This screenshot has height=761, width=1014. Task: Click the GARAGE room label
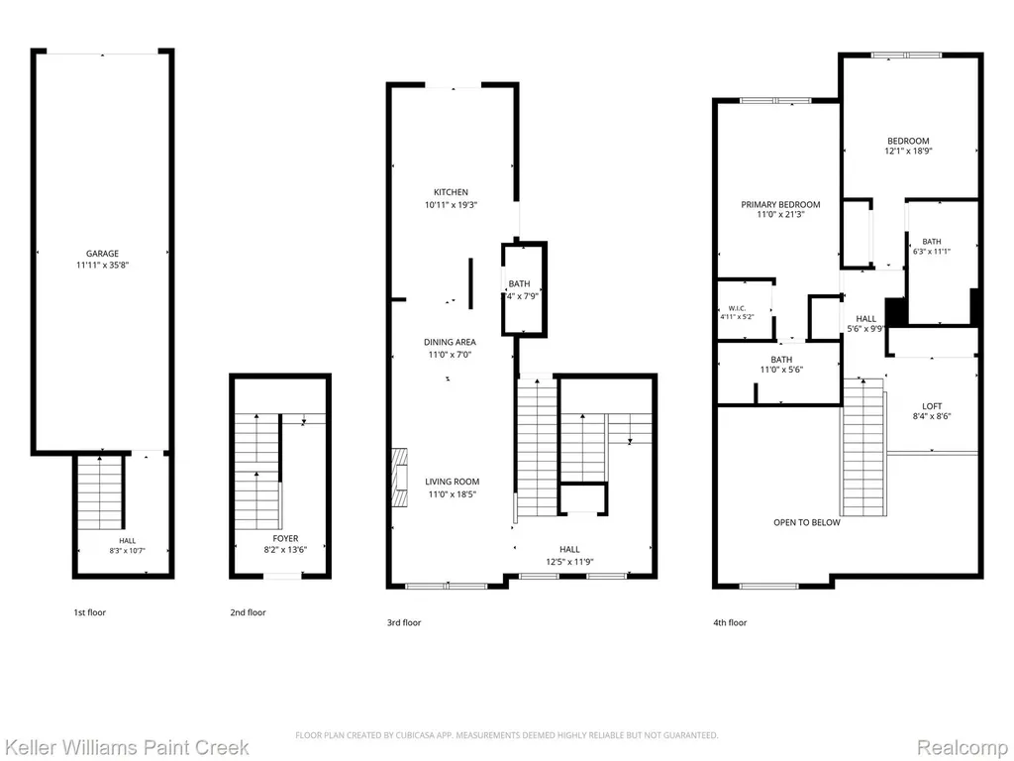(x=102, y=254)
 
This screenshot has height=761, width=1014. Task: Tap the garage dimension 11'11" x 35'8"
(x=102, y=265)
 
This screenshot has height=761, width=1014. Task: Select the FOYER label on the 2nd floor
(x=285, y=538)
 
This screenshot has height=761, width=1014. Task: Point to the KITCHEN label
(x=451, y=192)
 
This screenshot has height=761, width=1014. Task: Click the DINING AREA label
(x=450, y=342)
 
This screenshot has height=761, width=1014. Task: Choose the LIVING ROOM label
(x=452, y=482)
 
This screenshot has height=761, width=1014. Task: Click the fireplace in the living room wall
(x=400, y=478)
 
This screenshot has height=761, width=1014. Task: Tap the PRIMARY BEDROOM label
(x=780, y=204)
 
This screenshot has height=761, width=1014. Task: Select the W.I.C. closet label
(x=737, y=309)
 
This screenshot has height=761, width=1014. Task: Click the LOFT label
(x=932, y=406)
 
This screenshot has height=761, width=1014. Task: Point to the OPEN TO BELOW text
(x=807, y=522)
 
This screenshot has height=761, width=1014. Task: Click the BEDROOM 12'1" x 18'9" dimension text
(x=908, y=151)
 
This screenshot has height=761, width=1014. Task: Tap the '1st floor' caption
(x=89, y=612)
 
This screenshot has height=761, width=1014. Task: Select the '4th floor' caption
(x=730, y=622)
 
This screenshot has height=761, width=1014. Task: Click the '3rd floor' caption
(x=404, y=622)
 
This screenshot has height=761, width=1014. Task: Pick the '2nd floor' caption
(x=248, y=612)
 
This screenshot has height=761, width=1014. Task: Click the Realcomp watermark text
(x=963, y=747)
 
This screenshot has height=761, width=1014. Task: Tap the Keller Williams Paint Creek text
(x=125, y=747)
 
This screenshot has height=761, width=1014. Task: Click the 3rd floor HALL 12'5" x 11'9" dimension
(x=569, y=562)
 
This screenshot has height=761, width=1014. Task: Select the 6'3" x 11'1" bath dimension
(x=931, y=252)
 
